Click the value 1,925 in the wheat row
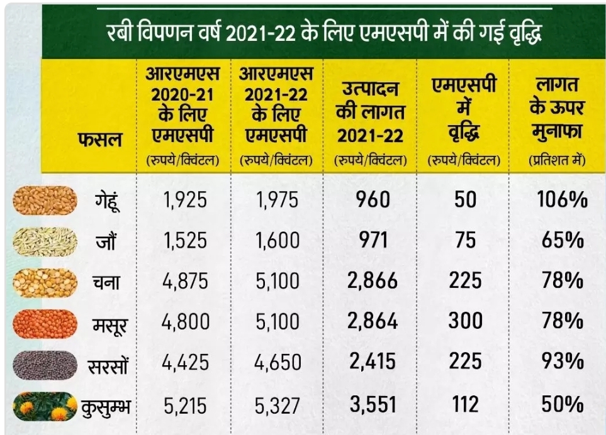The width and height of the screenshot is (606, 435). (x=184, y=201)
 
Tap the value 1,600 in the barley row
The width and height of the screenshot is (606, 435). (x=278, y=240)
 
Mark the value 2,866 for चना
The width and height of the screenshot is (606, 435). (x=373, y=280)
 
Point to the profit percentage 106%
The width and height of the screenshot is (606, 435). (x=562, y=200)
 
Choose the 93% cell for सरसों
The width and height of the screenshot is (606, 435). (x=562, y=362)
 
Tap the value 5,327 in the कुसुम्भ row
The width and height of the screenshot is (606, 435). (x=278, y=405)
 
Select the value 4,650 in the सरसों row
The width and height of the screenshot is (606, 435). (x=278, y=363)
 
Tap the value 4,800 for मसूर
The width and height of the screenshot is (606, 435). (x=184, y=322)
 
